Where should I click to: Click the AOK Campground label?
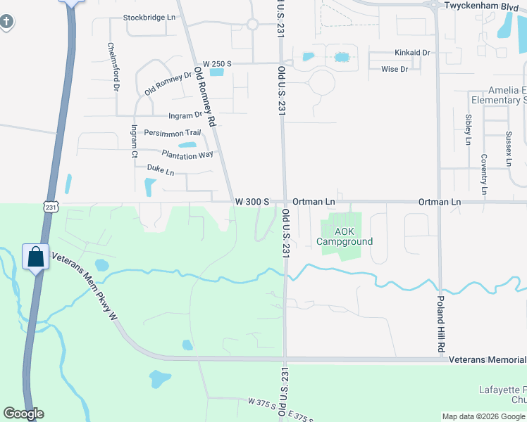click(x=344, y=236)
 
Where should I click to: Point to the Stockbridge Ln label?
click(x=149, y=17)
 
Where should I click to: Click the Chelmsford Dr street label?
click(x=111, y=68)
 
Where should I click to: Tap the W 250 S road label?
click(x=217, y=64)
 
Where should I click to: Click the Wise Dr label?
click(x=395, y=69)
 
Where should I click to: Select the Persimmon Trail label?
click(x=173, y=133)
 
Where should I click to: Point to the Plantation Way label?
click(x=187, y=155)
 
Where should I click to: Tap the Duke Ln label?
click(x=160, y=169)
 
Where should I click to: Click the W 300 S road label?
click(x=252, y=202)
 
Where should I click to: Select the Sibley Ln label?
click(x=468, y=129)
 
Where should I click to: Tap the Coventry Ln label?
click(x=484, y=174)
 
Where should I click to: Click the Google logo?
click(x=23, y=414)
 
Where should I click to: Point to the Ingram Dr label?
click(x=185, y=115)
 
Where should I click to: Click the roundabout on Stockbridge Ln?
click(x=252, y=25)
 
